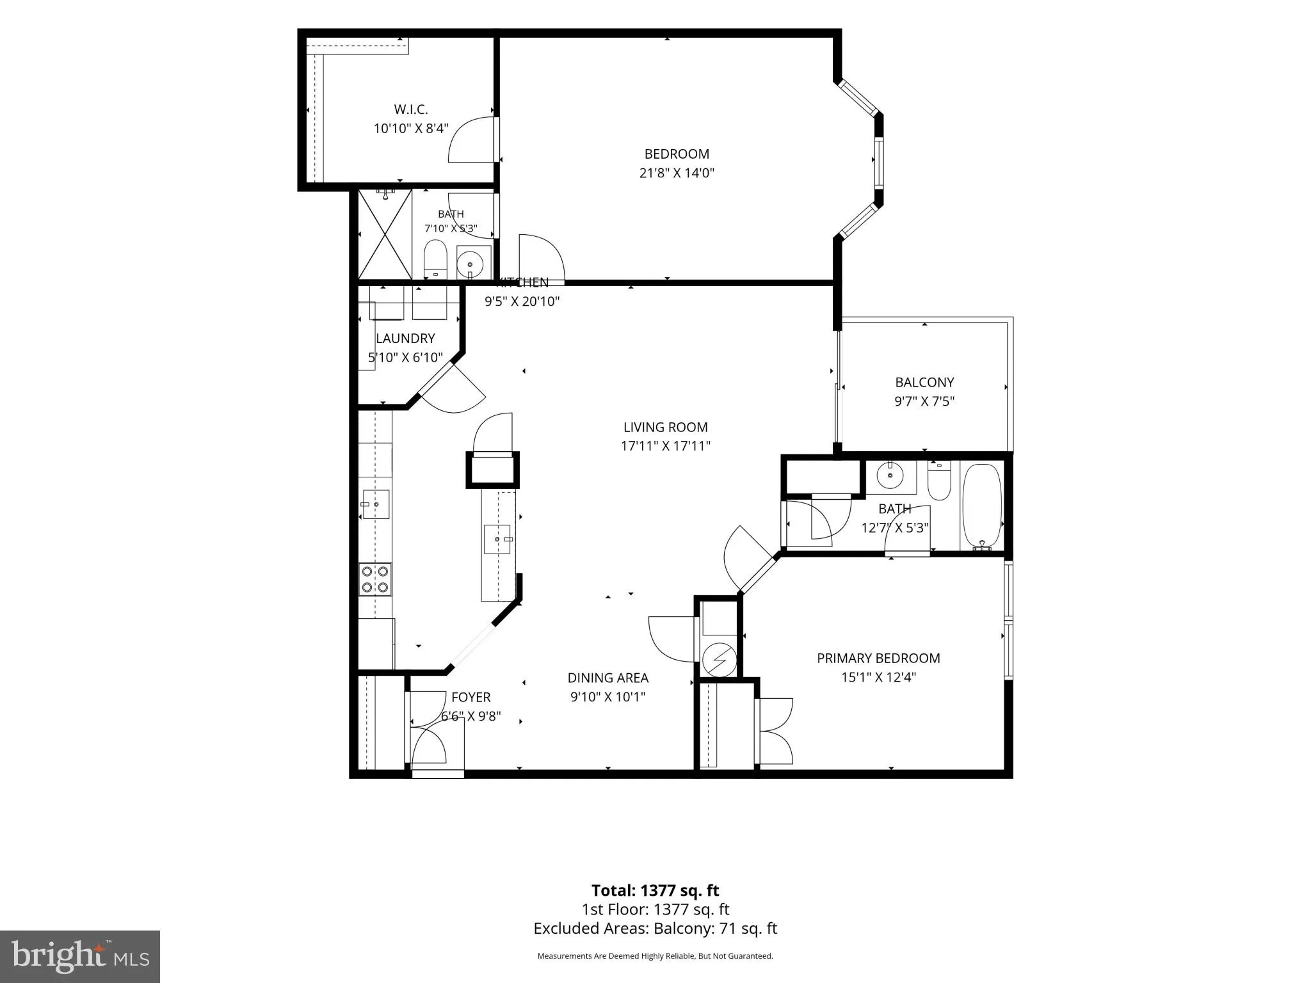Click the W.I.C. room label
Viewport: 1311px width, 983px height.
coord(410,109)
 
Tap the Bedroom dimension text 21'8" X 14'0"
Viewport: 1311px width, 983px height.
coord(677,173)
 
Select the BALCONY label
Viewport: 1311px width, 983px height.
coord(924,383)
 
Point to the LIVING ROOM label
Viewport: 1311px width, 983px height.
coord(666,427)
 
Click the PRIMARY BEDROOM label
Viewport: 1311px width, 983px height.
coord(878,658)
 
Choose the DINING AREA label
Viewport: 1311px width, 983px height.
coord(608,678)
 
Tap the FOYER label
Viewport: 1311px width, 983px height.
coord(471,698)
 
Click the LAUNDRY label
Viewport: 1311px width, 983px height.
coord(405,339)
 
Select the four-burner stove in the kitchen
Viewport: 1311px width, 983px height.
coord(375,579)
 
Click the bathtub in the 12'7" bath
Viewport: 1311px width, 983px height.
coord(981,506)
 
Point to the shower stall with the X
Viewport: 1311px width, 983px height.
coord(385,234)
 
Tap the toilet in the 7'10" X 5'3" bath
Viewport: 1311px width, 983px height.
coord(435,259)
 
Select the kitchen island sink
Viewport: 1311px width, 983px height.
coord(497,539)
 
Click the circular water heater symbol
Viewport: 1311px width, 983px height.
coord(720,659)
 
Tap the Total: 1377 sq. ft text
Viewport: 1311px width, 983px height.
coord(655,890)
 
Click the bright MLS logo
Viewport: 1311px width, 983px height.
coord(80,957)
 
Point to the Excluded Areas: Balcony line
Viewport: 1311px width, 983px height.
coord(655,928)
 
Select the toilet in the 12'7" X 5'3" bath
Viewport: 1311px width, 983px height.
coord(940,482)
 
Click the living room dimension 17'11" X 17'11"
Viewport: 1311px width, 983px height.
coord(666,446)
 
